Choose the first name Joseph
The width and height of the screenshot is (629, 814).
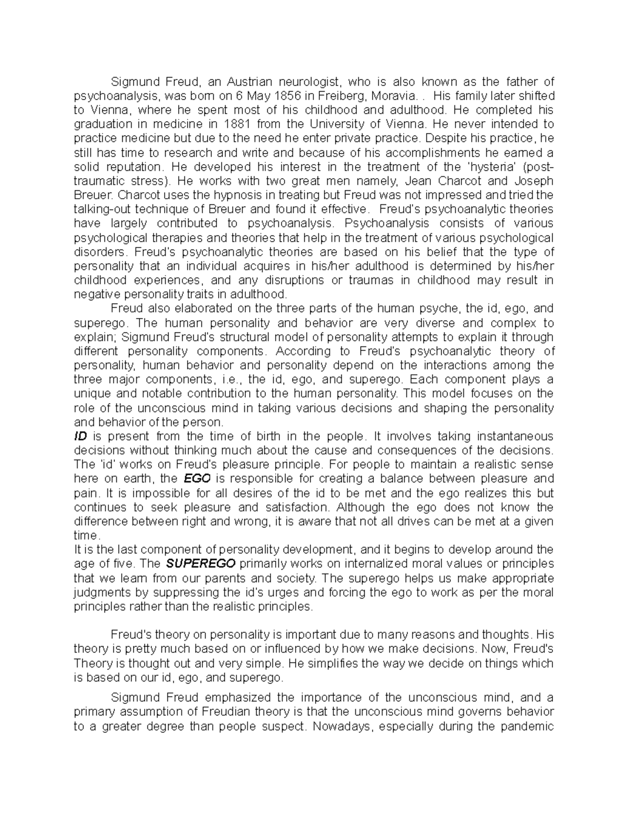pyautogui.click(x=535, y=181)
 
